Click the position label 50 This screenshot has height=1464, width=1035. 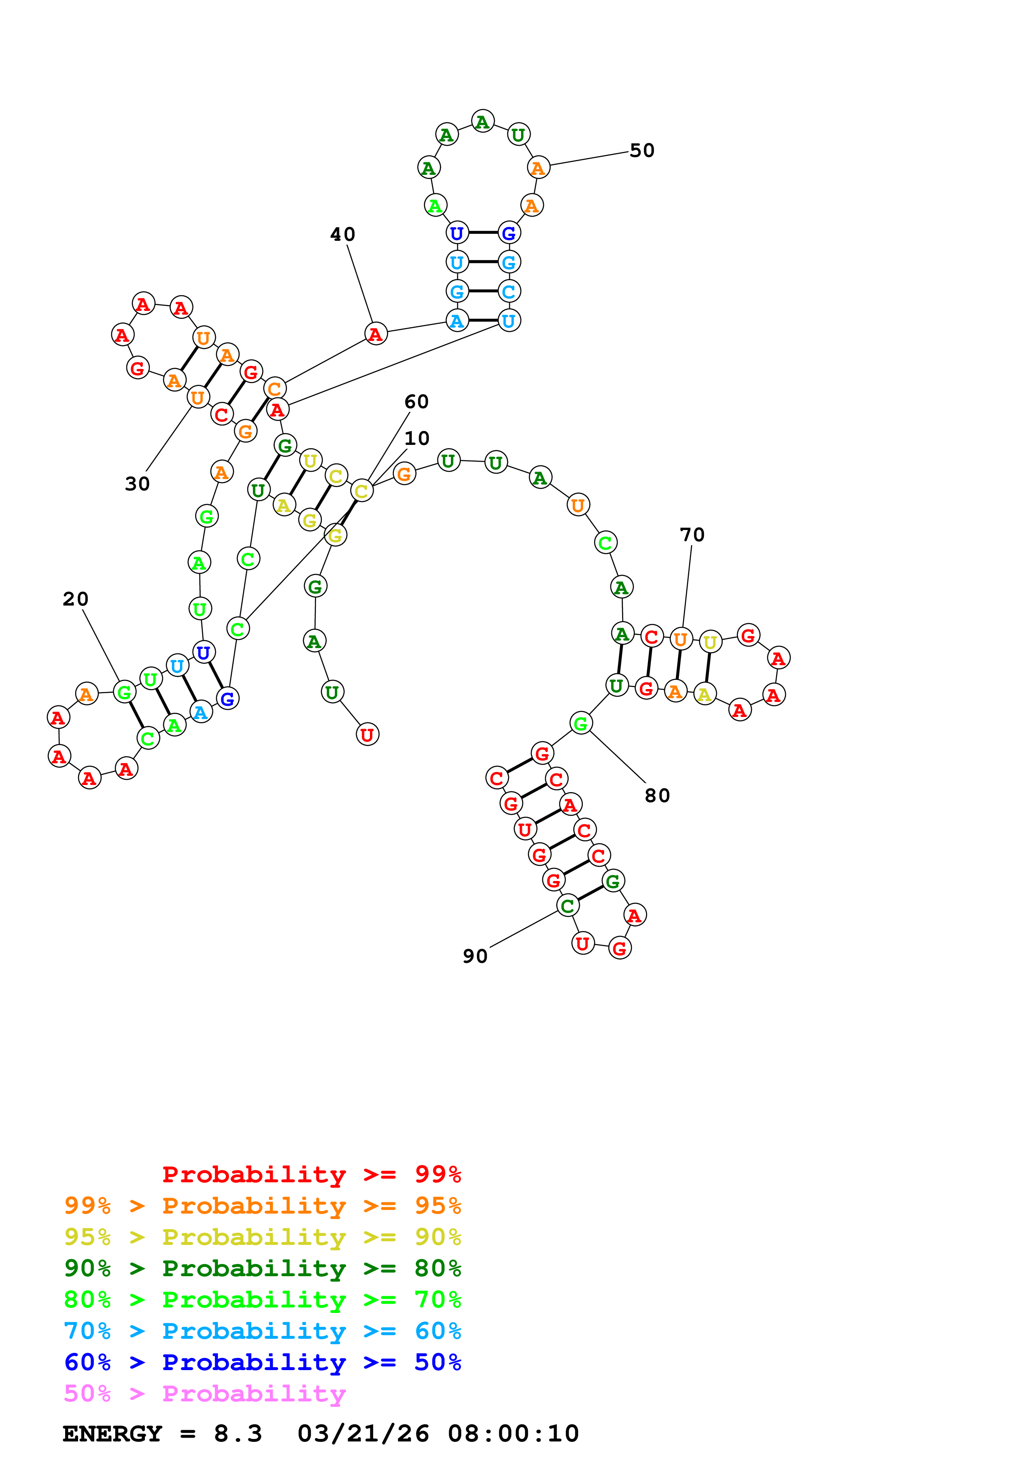[x=642, y=151]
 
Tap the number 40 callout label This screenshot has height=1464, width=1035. [x=342, y=235]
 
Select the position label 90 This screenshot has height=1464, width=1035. [x=475, y=957]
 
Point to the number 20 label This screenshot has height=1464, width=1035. [x=75, y=599]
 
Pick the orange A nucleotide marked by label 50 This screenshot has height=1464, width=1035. [x=538, y=168]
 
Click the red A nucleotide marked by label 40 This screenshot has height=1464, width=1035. [x=376, y=333]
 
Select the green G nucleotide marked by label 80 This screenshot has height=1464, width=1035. [x=580, y=723]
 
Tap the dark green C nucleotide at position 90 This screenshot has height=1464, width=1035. [x=567, y=906]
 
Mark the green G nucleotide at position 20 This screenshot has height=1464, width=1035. [x=124, y=692]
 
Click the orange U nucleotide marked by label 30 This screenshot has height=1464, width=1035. [x=197, y=397]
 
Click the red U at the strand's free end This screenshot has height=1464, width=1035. [x=367, y=735]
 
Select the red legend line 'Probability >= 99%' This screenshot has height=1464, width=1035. [x=311, y=1174]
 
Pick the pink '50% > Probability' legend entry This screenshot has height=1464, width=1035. [x=205, y=1394]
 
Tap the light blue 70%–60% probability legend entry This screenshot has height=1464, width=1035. [x=262, y=1331]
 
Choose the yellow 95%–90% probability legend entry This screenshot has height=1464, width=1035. [x=262, y=1237]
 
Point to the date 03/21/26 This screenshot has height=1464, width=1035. [x=363, y=1434]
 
